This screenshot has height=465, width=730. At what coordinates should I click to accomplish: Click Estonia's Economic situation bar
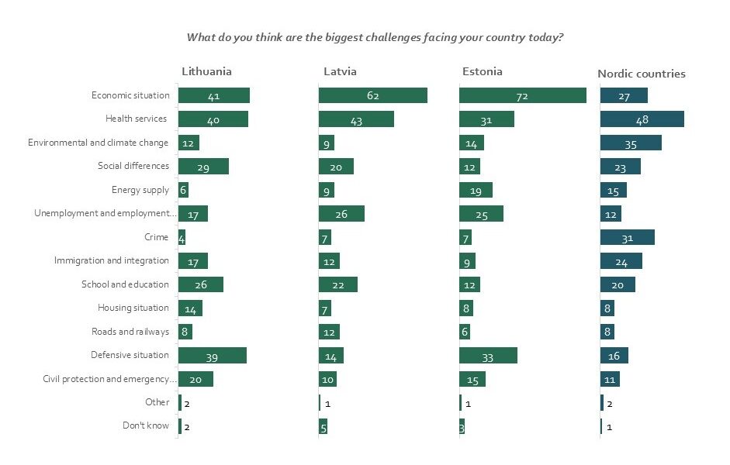coord(522,95)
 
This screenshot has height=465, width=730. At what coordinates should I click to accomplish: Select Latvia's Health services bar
coord(356,119)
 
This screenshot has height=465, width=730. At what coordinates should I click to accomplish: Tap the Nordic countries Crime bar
coord(627,237)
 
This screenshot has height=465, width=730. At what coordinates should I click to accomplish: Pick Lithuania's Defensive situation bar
coord(212,355)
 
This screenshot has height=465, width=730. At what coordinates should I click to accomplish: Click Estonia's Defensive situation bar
coord(488,355)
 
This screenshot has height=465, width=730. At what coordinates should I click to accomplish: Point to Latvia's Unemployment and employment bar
coord(341,213)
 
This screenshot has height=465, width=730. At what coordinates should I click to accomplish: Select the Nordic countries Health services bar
coord(642,119)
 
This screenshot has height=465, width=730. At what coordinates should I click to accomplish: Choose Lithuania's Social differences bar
coord(203,166)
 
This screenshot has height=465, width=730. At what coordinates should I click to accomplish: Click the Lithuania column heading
coord(206,71)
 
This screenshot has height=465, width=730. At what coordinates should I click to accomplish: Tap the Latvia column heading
coord(340,71)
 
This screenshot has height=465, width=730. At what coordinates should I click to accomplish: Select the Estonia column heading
coord(482,71)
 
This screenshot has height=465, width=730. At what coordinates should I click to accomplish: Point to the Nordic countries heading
coord(641,74)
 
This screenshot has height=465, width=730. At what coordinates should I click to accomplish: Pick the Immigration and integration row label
coord(112,260)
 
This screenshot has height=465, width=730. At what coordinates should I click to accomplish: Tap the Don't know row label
coord(146,425)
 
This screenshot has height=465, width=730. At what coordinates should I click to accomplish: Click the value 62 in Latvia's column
coord(373,96)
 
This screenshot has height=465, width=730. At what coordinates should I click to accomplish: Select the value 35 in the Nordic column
coord(630,143)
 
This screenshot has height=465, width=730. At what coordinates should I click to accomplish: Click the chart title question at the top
coord(374,37)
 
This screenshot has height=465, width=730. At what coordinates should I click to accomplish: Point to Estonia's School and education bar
coord(469,284)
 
